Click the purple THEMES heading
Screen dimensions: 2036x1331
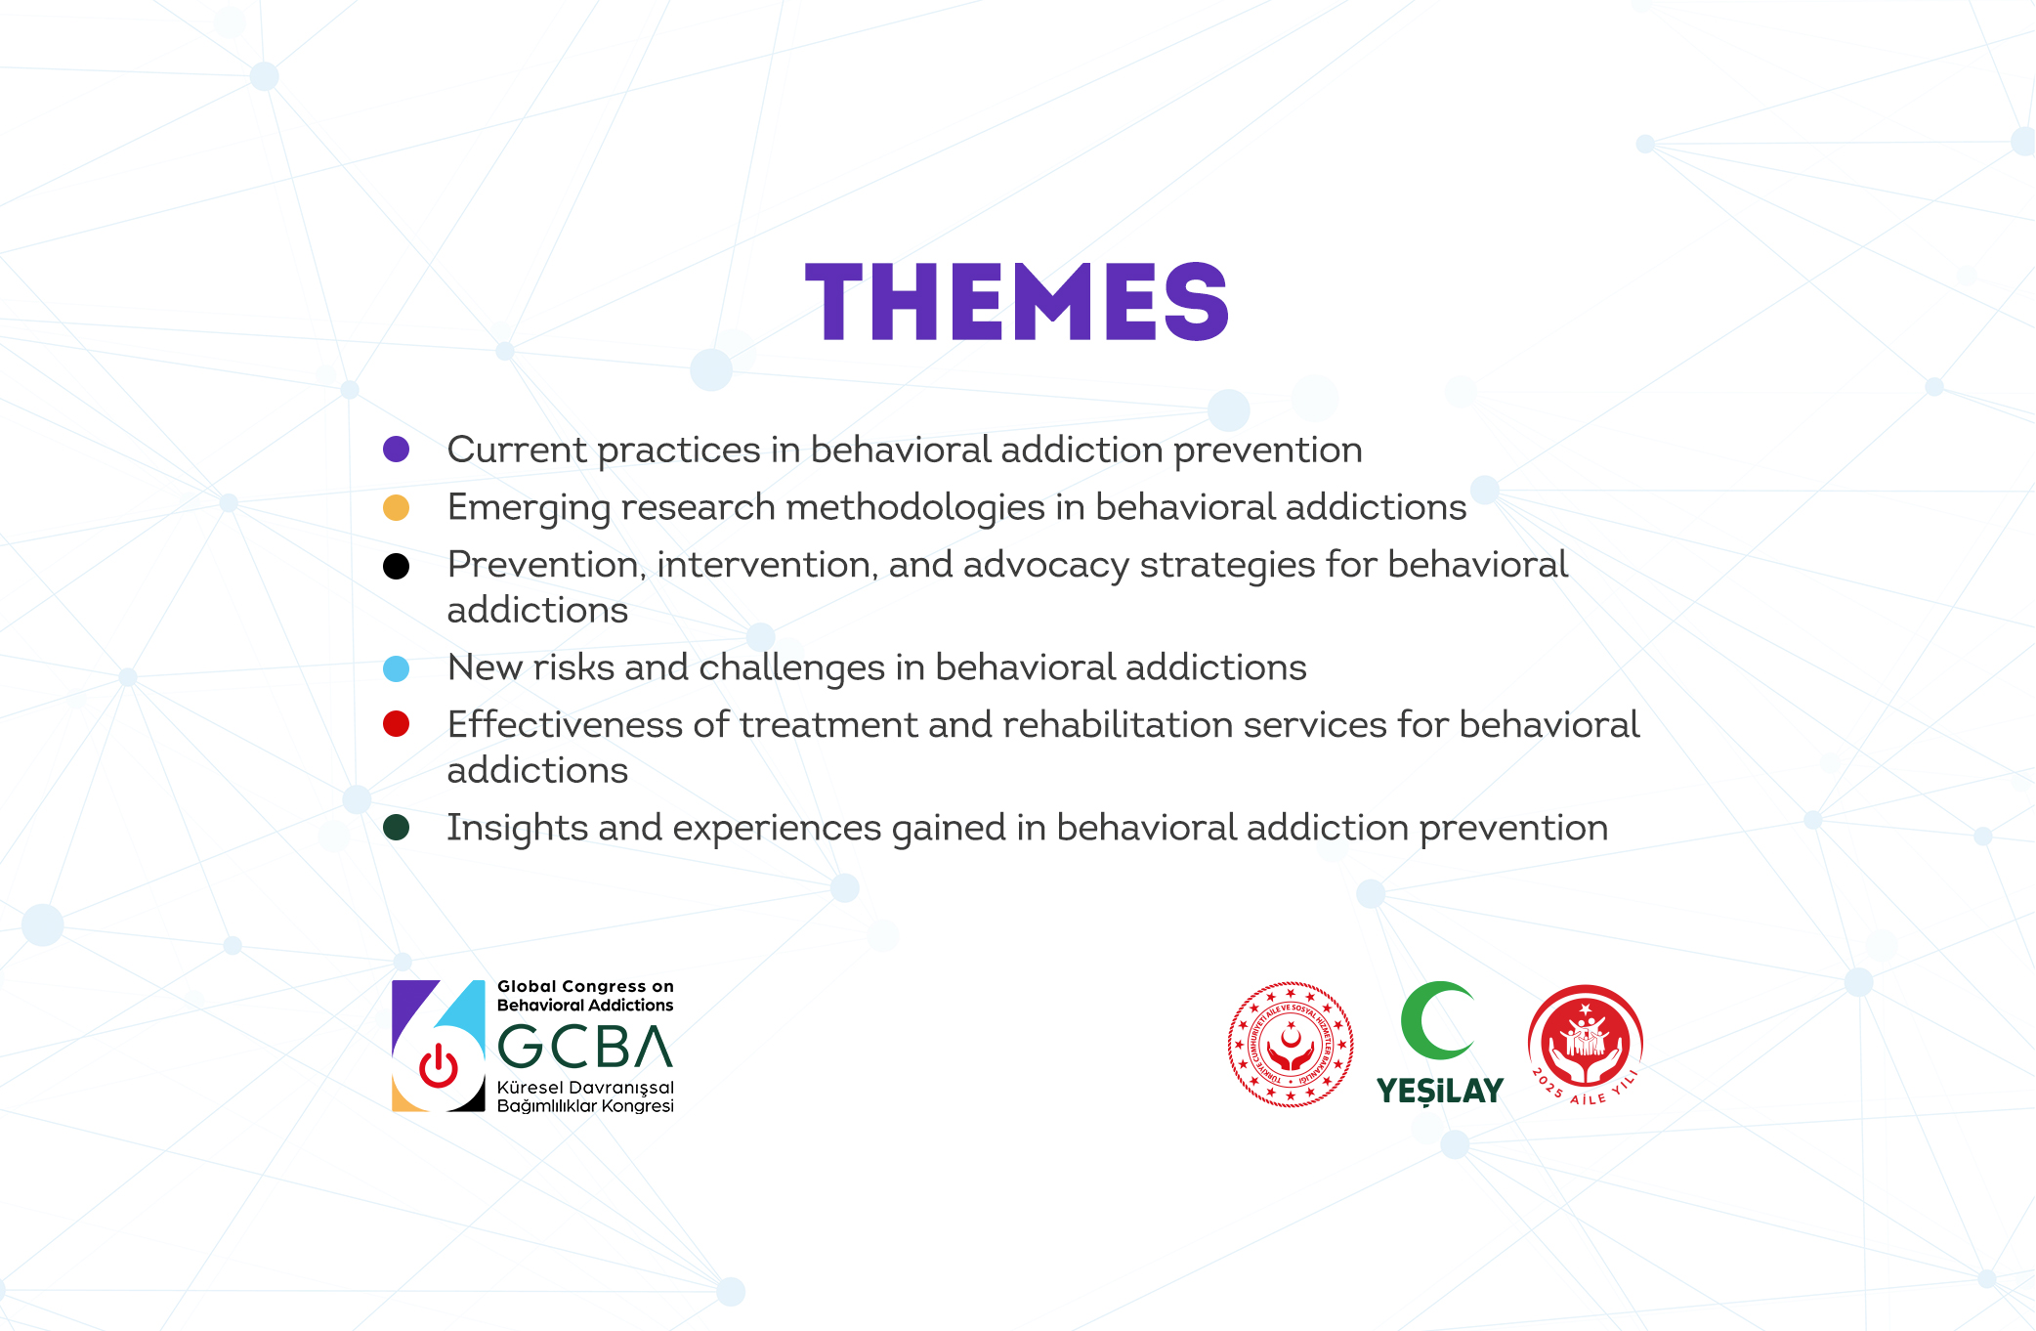(1016, 302)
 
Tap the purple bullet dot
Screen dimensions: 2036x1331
(396, 450)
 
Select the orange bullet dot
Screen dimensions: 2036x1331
(396, 508)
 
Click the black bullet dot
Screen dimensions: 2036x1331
(396, 566)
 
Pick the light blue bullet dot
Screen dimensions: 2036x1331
(396, 668)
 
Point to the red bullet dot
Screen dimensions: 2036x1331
(396, 724)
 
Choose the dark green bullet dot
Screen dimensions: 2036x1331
(396, 828)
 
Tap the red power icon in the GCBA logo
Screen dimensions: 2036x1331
(439, 1066)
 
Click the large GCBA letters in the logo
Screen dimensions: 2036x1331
(585, 1046)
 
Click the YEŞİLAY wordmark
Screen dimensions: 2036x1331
(1439, 1091)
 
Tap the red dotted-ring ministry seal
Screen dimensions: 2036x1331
(1291, 1045)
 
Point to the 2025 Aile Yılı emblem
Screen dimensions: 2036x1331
(1586, 1045)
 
